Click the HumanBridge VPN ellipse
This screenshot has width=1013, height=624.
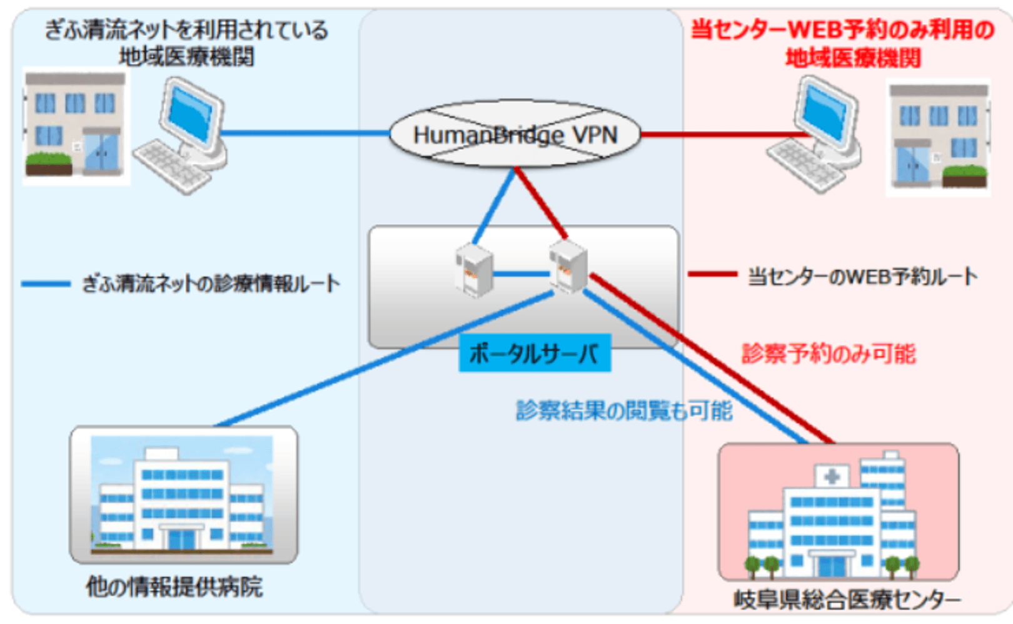515,135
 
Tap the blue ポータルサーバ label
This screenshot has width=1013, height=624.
534,354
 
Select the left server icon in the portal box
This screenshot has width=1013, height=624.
475,270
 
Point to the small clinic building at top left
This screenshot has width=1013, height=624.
75,125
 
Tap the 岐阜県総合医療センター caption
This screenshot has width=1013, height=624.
847,600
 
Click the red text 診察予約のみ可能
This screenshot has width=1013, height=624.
829,354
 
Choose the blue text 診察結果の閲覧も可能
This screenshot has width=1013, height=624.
624,411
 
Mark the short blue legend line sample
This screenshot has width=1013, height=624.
46,284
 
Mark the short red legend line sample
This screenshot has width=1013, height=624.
712,274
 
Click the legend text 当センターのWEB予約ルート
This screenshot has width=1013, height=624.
862,276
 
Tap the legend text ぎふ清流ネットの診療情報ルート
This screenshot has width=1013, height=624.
211,284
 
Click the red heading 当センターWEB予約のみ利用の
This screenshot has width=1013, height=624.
842,29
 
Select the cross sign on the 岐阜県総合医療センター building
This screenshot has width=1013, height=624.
832,477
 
